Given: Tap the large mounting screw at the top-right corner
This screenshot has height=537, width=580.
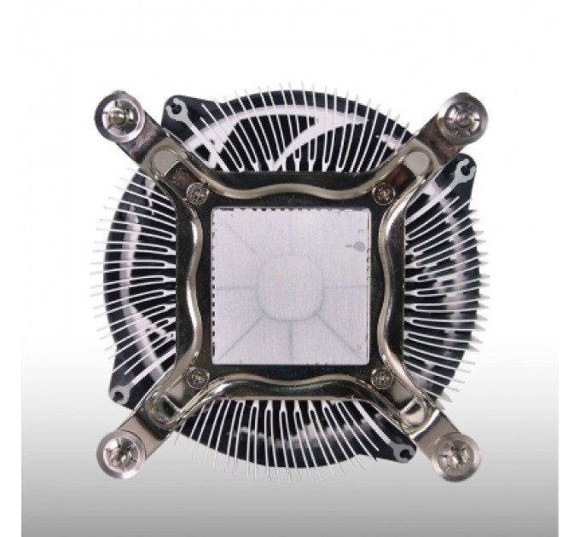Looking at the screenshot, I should point(463,113).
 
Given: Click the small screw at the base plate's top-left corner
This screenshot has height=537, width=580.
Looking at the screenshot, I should point(201,193).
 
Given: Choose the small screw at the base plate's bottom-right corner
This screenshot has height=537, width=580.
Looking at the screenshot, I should point(383,376).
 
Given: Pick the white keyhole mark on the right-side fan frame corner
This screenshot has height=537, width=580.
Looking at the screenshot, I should point(466,172).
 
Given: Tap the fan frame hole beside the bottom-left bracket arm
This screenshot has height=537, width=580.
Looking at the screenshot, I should point(120,393).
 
